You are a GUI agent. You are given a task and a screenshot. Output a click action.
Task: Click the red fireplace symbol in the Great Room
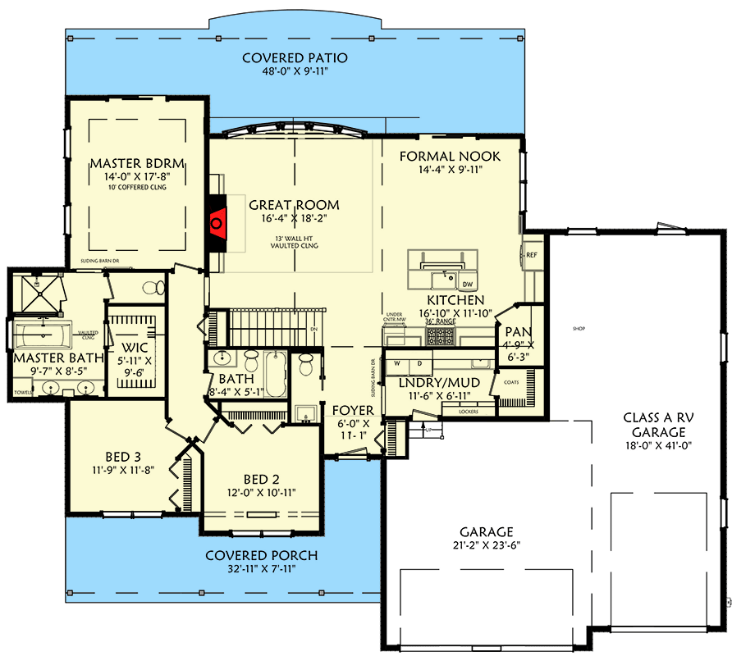point(217,221)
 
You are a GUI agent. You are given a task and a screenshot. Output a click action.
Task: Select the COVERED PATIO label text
point(295,58)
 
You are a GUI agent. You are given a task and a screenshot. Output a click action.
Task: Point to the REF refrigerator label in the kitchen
point(531,255)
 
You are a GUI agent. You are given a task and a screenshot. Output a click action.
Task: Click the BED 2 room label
point(263,480)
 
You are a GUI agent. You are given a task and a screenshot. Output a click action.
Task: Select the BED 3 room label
point(123,457)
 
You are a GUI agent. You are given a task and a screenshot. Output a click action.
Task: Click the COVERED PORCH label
point(261,556)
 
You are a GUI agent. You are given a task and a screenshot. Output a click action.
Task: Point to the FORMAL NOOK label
point(450,156)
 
